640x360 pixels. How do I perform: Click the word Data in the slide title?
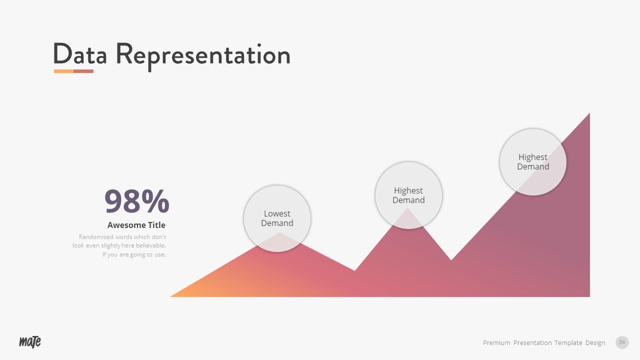(x=80, y=54)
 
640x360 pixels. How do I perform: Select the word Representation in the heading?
(x=203, y=55)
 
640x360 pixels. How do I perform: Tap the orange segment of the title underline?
(x=63, y=71)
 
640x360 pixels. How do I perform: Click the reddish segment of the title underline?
(x=83, y=71)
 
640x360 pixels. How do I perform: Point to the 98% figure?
(x=136, y=201)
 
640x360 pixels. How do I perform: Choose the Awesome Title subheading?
(x=136, y=225)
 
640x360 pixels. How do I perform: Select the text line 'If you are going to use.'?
(x=134, y=254)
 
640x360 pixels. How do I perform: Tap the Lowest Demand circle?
(x=277, y=218)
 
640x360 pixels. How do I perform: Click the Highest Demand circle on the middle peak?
(x=408, y=195)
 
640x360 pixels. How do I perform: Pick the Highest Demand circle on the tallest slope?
(x=533, y=162)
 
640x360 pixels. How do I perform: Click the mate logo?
(x=30, y=342)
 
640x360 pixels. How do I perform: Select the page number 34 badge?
(x=622, y=342)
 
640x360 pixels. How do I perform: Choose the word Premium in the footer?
(x=496, y=342)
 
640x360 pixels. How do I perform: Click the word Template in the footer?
(x=568, y=342)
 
